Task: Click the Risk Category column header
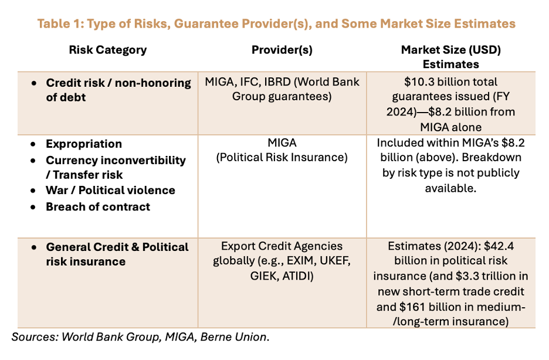click(x=108, y=50)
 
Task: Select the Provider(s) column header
click(x=282, y=50)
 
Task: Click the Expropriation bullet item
click(x=84, y=144)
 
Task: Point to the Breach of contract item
click(x=98, y=207)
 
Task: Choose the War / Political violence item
click(x=110, y=191)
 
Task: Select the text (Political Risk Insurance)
click(x=282, y=158)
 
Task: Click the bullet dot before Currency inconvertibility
click(x=33, y=161)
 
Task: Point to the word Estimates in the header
click(x=451, y=64)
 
